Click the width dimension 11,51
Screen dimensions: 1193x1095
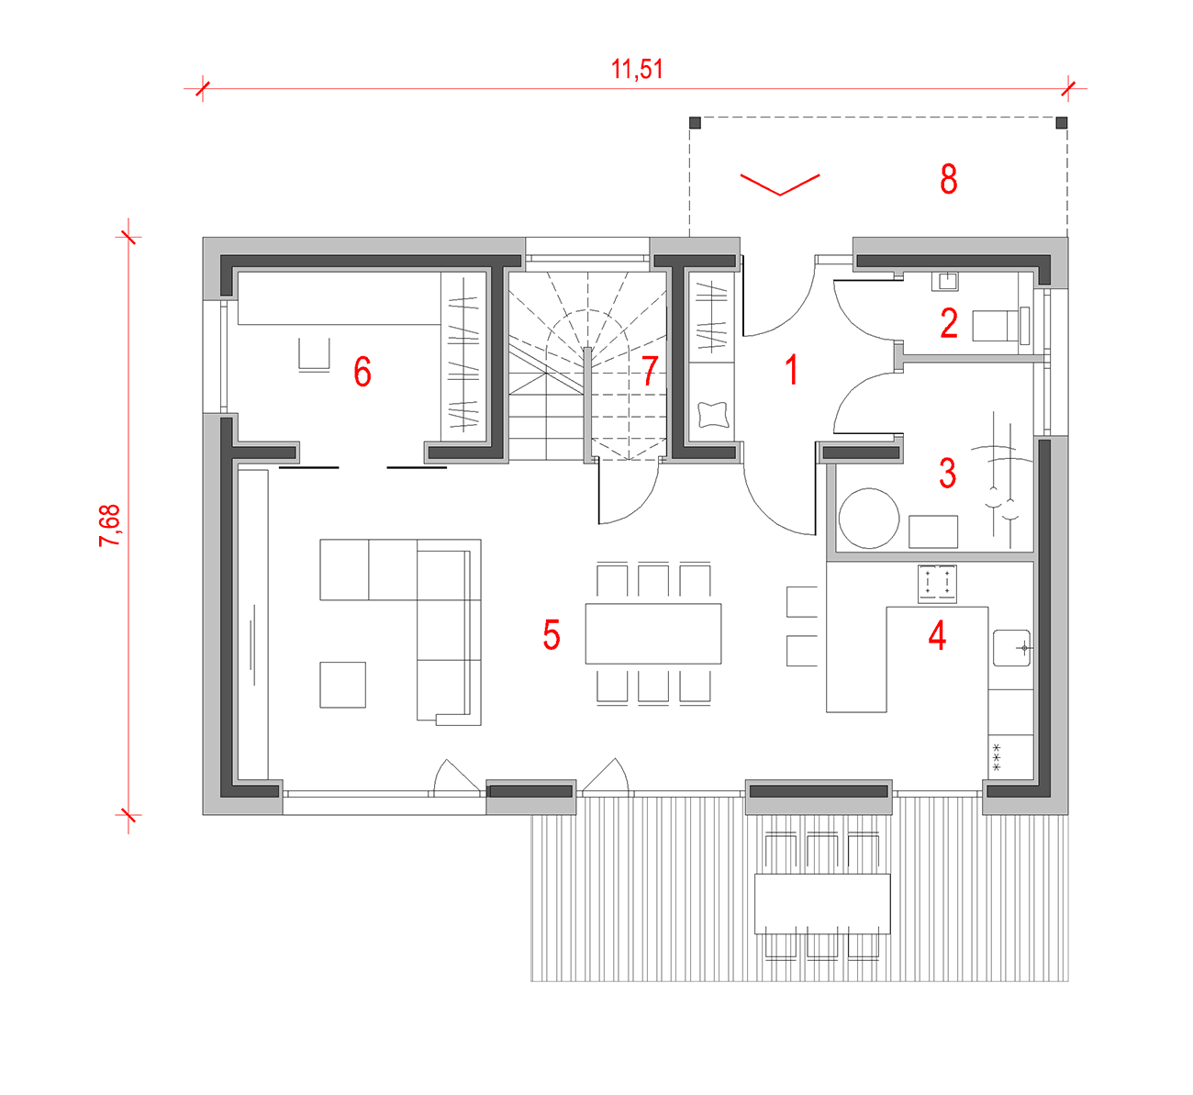point(637,69)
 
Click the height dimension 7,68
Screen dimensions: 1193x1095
point(109,526)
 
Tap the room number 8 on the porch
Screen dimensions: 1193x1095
point(949,179)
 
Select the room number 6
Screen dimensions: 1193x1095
point(362,372)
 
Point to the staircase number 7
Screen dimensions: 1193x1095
point(650,370)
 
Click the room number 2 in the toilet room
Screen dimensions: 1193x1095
point(949,323)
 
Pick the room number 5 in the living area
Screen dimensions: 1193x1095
point(552,634)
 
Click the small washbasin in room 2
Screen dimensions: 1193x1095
point(944,282)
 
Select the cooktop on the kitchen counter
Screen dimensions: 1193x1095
point(937,583)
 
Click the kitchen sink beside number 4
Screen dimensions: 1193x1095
point(1011,647)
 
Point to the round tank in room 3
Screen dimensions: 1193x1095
point(869,518)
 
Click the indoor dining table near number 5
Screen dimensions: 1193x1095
point(653,633)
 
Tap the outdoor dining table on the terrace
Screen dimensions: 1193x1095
point(822,903)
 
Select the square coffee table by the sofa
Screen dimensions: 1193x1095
point(342,685)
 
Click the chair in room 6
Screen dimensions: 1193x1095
point(314,354)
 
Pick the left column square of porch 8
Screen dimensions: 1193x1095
point(695,123)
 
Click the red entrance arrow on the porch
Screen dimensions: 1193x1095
point(780,184)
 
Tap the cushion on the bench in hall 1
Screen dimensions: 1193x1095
point(713,415)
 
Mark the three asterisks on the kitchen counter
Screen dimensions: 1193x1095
point(996,757)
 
